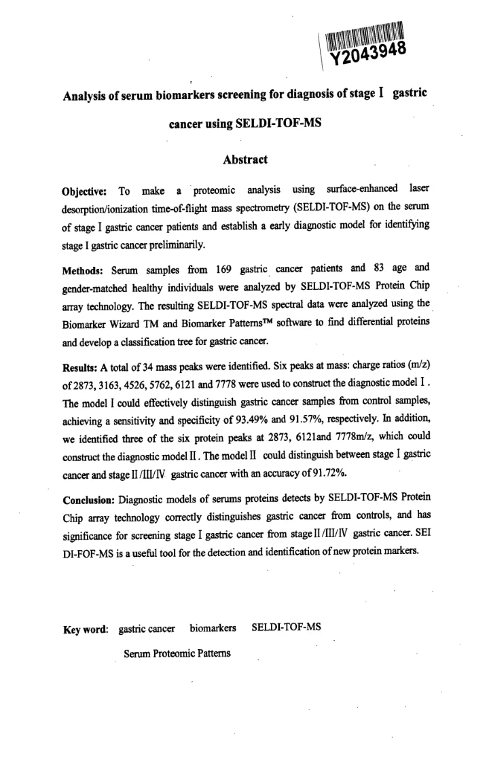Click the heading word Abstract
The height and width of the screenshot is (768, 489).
(245, 160)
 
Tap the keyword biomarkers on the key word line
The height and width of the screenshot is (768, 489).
(213, 628)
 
